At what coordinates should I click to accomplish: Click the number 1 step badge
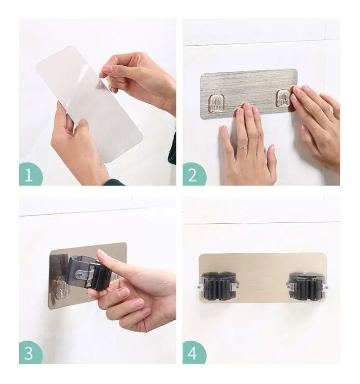click(29, 174)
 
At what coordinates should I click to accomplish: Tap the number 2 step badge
click(193, 174)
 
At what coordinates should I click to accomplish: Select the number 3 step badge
click(29, 352)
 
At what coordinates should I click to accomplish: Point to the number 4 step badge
click(193, 352)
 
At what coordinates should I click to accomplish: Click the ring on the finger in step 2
click(243, 147)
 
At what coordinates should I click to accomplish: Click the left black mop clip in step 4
click(218, 287)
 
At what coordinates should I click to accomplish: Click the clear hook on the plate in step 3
click(61, 289)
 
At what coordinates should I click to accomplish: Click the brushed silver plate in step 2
click(249, 94)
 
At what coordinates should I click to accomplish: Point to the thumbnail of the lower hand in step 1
click(83, 122)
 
